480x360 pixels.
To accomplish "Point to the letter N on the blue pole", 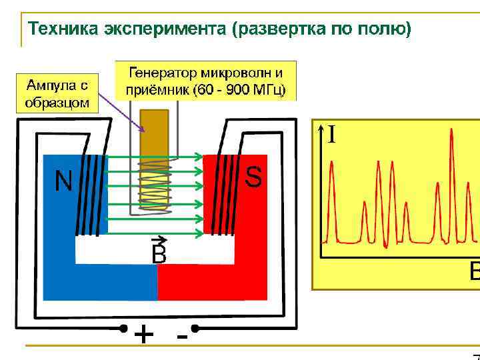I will pos(63,181).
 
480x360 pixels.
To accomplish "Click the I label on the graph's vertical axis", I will pos(331,135).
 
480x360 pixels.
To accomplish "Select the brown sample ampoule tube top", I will pos(155,127).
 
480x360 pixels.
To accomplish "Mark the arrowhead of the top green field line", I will pos(199,157).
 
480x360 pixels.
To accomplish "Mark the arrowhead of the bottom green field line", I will pos(199,233).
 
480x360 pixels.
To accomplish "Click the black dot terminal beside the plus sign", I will pos(123,328).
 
